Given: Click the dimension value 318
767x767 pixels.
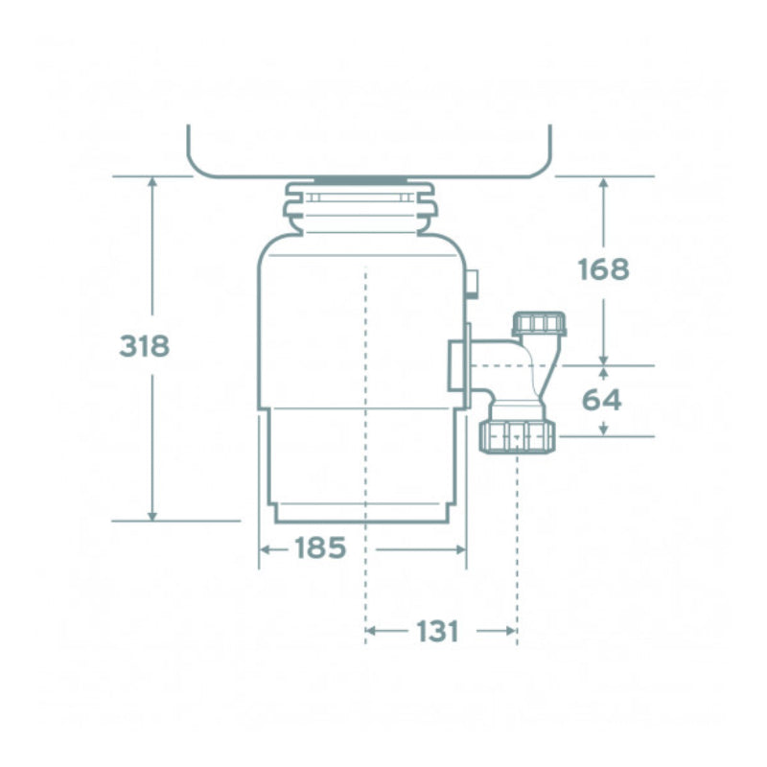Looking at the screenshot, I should tap(144, 346).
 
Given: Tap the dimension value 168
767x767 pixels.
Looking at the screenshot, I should tap(603, 269).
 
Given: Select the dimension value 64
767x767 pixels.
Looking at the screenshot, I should tap(602, 400).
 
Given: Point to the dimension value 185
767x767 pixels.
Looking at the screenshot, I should tap(319, 549).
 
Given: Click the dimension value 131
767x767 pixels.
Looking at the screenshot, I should tap(438, 632).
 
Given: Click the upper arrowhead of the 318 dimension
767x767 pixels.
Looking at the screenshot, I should tap(151, 183).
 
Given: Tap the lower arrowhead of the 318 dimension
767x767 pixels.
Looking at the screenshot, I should tap(151, 515).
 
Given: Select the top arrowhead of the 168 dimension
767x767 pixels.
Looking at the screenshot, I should tap(603, 183).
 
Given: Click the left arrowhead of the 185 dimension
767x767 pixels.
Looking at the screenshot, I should tap(267, 549).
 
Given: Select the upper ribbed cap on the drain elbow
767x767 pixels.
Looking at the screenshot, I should tap(540, 323).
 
